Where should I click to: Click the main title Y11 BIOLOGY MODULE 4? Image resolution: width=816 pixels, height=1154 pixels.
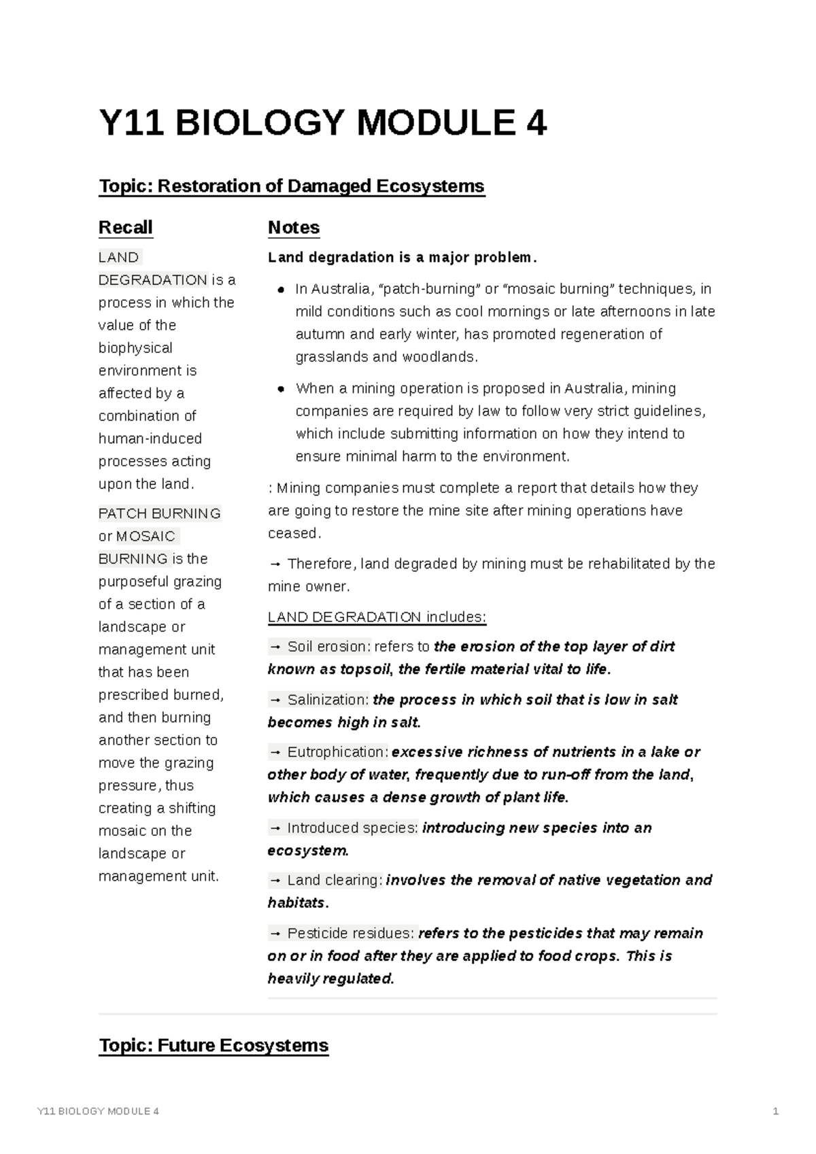click(322, 124)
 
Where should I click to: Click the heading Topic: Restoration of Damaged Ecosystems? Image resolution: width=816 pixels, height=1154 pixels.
click(292, 186)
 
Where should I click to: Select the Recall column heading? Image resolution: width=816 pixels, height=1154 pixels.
click(126, 227)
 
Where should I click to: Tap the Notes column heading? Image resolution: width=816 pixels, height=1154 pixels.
click(294, 227)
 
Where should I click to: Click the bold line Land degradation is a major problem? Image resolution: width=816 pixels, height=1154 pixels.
click(403, 258)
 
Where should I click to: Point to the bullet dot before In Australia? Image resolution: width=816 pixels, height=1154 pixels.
click(280, 290)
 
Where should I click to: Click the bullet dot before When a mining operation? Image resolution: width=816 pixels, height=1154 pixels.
click(280, 389)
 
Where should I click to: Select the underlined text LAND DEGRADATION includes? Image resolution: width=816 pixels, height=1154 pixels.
click(377, 617)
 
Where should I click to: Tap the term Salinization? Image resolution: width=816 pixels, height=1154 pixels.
click(328, 700)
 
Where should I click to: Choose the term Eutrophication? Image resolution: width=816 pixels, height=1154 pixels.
click(338, 752)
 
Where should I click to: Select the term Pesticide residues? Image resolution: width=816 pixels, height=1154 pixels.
click(350, 934)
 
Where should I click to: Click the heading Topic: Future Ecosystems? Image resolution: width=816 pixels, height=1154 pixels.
click(214, 1045)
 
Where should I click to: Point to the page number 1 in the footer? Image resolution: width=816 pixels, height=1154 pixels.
click(775, 1112)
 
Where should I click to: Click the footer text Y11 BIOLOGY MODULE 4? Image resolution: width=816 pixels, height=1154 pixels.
click(98, 1112)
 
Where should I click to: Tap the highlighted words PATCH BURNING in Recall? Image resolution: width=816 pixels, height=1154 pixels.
click(160, 513)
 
